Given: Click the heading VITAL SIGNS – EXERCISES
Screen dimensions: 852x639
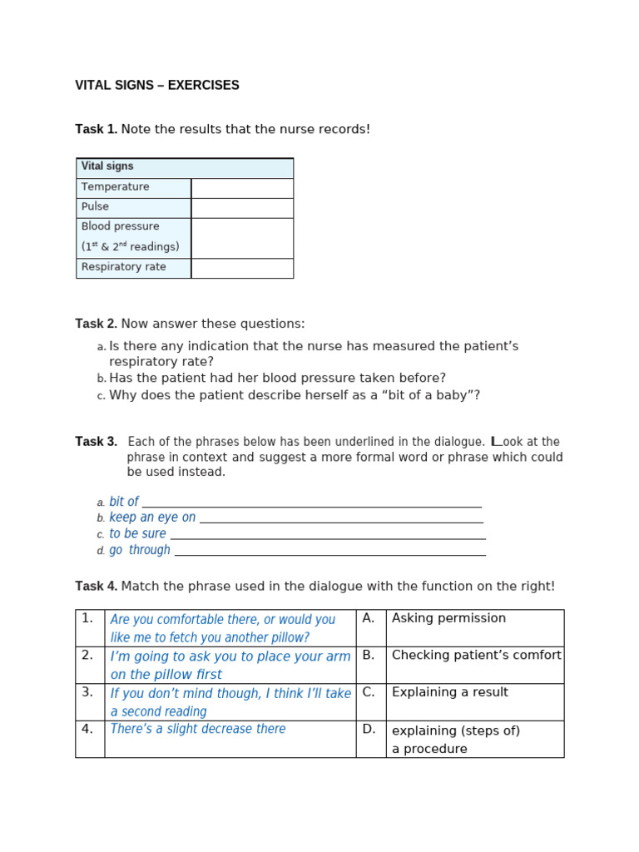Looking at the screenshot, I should point(157,86).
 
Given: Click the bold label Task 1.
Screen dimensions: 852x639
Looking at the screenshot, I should point(96,130).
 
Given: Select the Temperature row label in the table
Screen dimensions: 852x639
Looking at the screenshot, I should point(116,187).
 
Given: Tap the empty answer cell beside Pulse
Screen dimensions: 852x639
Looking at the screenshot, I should point(242,208).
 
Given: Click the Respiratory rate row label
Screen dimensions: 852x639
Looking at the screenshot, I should point(124,267).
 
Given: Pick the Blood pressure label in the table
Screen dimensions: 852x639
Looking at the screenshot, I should point(121,226).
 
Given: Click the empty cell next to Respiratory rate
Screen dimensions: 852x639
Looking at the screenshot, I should point(242,268).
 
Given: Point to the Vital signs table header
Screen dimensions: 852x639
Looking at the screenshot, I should point(107,166).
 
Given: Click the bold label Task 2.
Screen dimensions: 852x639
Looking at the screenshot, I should point(96,324).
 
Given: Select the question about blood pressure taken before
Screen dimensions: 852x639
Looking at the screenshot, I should point(277,378).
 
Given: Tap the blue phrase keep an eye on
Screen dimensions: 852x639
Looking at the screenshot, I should point(152,518).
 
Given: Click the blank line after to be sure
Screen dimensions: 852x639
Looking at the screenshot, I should point(327,535).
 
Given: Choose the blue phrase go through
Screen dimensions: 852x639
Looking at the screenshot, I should point(140,550).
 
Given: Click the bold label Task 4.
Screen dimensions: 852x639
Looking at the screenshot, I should point(96,587).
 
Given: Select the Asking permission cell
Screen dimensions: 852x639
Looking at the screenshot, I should point(448,618).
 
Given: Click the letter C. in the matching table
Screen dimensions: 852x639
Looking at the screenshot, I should point(369,692).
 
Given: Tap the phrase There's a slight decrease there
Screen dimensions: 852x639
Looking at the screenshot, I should point(198,729).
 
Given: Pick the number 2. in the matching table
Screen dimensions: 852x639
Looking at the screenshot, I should point(87,656).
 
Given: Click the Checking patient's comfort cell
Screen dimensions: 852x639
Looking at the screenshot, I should point(476,656).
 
